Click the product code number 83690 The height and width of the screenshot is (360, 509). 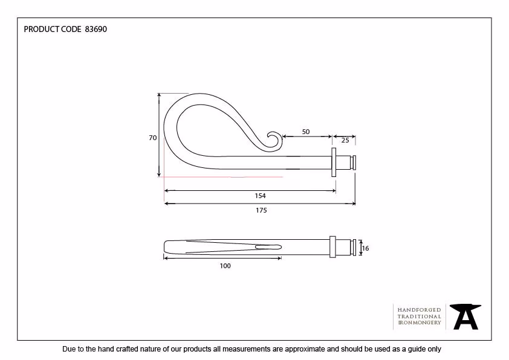pos(96,29)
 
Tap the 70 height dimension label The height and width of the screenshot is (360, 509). pos(152,138)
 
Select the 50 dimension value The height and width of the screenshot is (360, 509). pos(306,132)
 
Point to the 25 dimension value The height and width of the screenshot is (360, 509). pos(345,140)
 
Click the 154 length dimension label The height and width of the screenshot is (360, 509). pos(260,196)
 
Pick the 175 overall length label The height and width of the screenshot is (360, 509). pos(261,210)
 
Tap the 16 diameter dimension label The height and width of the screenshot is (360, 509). pos(365,248)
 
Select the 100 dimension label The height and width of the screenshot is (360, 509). pos(225,266)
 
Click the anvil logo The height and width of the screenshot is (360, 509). pos(465,317)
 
